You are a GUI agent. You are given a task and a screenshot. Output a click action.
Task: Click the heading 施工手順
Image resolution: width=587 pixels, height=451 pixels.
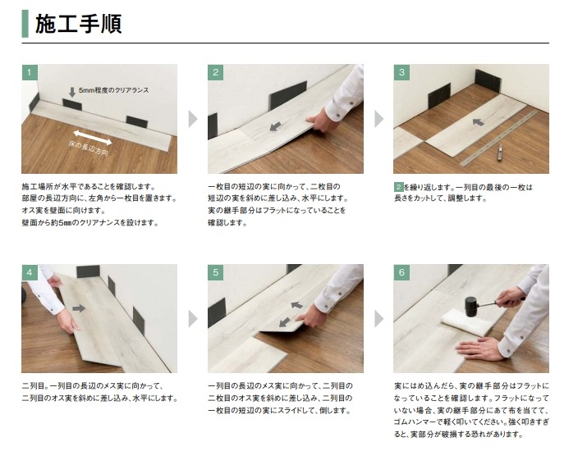pyautogui.click(x=78, y=24)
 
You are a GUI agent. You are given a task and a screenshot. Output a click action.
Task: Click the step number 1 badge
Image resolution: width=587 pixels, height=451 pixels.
pyautogui.click(x=30, y=72)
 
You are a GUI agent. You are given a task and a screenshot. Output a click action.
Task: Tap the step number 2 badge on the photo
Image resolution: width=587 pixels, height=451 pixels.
pyautogui.click(x=216, y=72)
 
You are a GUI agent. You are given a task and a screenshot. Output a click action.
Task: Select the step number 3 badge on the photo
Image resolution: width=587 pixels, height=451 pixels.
pyautogui.click(x=401, y=72)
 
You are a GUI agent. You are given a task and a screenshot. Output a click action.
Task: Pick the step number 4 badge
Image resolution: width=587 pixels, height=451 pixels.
pyautogui.click(x=30, y=272)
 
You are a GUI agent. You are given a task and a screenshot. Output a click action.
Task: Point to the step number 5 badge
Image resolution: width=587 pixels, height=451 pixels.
pyautogui.click(x=216, y=272)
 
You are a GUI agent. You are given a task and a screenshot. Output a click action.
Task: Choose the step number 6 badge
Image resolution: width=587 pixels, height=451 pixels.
pyautogui.click(x=401, y=272)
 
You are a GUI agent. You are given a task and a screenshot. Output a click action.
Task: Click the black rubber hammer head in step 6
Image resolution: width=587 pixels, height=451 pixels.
pyautogui.click(x=470, y=306)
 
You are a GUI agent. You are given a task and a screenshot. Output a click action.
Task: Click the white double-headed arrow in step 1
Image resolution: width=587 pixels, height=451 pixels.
pyautogui.click(x=93, y=137)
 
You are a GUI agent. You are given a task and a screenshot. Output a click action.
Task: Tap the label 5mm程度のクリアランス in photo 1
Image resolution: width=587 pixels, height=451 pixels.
pyautogui.click(x=114, y=90)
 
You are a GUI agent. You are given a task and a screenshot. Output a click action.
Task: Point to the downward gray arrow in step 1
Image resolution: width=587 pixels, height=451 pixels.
pyautogui.click(x=72, y=92)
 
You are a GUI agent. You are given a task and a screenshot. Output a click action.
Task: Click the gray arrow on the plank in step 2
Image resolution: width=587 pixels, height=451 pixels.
pyautogui.click(x=276, y=126)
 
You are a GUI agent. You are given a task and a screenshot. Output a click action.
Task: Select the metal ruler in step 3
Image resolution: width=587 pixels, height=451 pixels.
pyautogui.click(x=498, y=139)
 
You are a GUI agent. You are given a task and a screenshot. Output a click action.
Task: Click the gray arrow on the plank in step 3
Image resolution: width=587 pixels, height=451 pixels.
pyautogui.click(x=479, y=122)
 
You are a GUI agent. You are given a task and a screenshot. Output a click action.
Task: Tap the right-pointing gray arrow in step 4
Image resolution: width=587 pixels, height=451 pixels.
pyautogui.click(x=79, y=308)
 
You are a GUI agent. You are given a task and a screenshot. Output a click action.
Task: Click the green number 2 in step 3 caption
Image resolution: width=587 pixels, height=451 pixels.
pyautogui.click(x=399, y=187)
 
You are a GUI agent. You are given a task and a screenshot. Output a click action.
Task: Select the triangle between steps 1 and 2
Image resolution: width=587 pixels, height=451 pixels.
pyautogui.click(x=192, y=119)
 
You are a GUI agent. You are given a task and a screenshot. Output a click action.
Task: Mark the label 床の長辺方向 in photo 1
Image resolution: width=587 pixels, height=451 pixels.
pyautogui.click(x=89, y=148)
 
